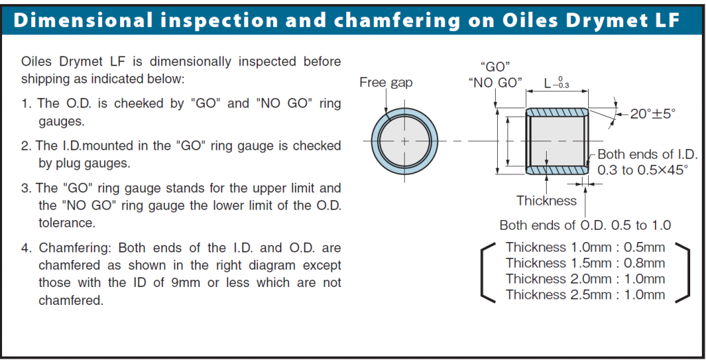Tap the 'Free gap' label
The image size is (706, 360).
[x=385, y=83]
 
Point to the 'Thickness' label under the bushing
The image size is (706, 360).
[x=546, y=201]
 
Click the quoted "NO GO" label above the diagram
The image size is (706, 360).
[x=494, y=83]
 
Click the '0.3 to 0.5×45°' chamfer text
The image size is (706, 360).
[x=642, y=170]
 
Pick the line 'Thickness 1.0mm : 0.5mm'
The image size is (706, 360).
[x=585, y=247]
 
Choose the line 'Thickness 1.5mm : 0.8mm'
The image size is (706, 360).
[x=585, y=263]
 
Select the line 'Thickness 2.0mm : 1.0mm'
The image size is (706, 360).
[x=585, y=279]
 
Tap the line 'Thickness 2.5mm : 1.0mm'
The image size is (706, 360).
[x=585, y=294]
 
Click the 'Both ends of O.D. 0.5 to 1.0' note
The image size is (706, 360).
[x=585, y=225]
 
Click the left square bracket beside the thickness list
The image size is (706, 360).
[x=487, y=272]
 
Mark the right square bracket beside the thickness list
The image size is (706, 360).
[x=683, y=272]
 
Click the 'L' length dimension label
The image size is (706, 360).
[x=547, y=83]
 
